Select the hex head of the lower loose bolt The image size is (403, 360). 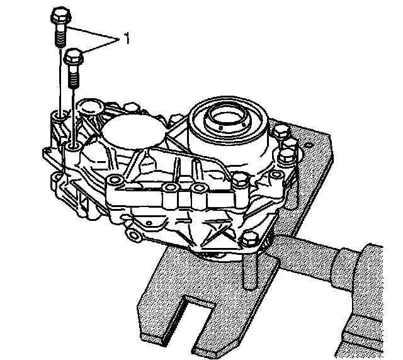[74, 58]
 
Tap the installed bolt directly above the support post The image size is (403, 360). [250, 240]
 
